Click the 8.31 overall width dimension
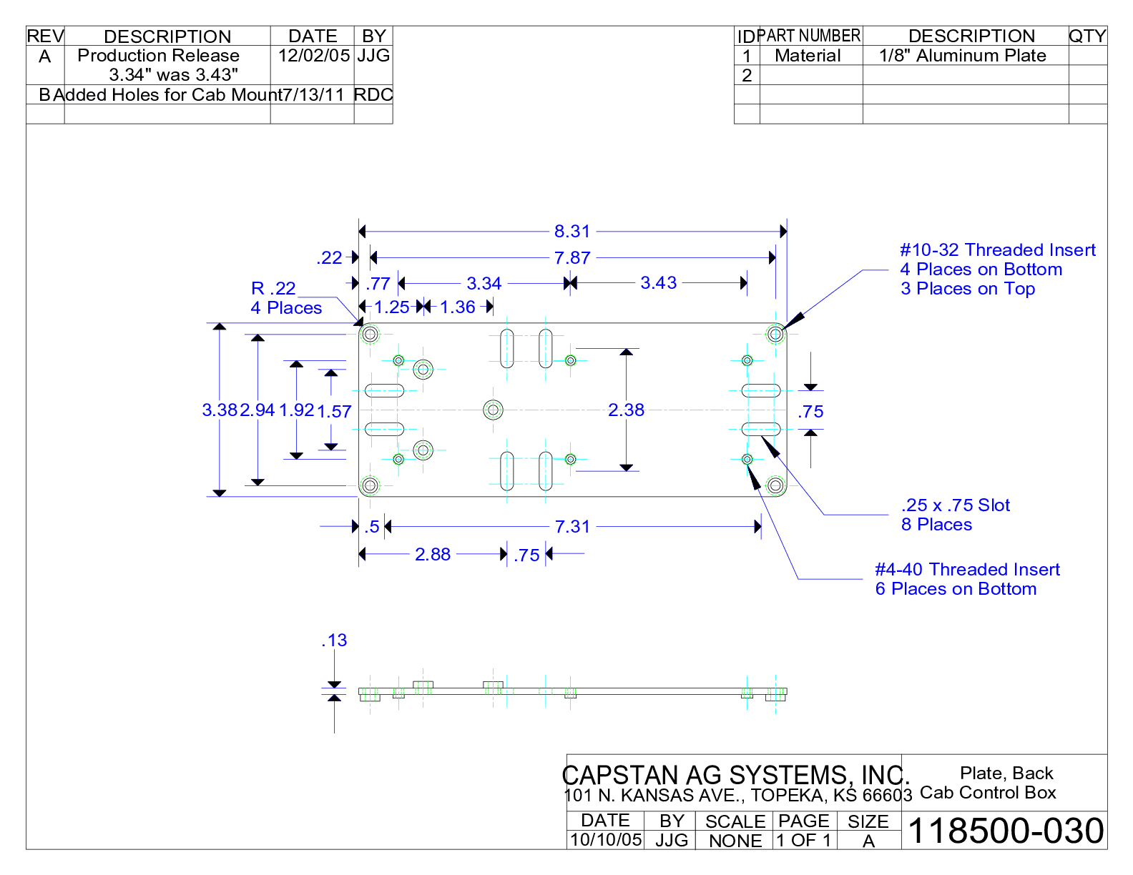pyautogui.click(x=572, y=232)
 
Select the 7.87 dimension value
pyautogui.click(x=572, y=258)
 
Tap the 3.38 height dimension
pyautogui.click(x=219, y=410)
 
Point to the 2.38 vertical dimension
pyautogui.click(x=626, y=410)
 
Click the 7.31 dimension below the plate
pyautogui.click(x=572, y=527)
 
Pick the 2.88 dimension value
pyautogui.click(x=433, y=555)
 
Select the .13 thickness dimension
pyautogui.click(x=334, y=641)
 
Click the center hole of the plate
pyautogui.click(x=493, y=410)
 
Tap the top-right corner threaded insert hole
pyautogui.click(x=776, y=333)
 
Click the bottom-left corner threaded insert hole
pyautogui.click(x=370, y=486)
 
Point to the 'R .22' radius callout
pyautogui.click(x=273, y=289)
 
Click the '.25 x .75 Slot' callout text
pyautogui.click(x=955, y=505)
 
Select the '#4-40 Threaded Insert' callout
pyautogui.click(x=967, y=570)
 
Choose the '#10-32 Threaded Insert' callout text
pyautogui.click(x=997, y=250)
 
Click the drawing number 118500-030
pyautogui.click(x=1005, y=831)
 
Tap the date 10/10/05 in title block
pyautogui.click(x=606, y=840)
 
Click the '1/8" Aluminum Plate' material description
pyautogui.click(x=962, y=56)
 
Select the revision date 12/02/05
pyautogui.click(x=314, y=56)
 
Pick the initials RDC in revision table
pyautogui.click(x=373, y=95)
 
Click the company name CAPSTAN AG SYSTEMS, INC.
pyautogui.click(x=735, y=776)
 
